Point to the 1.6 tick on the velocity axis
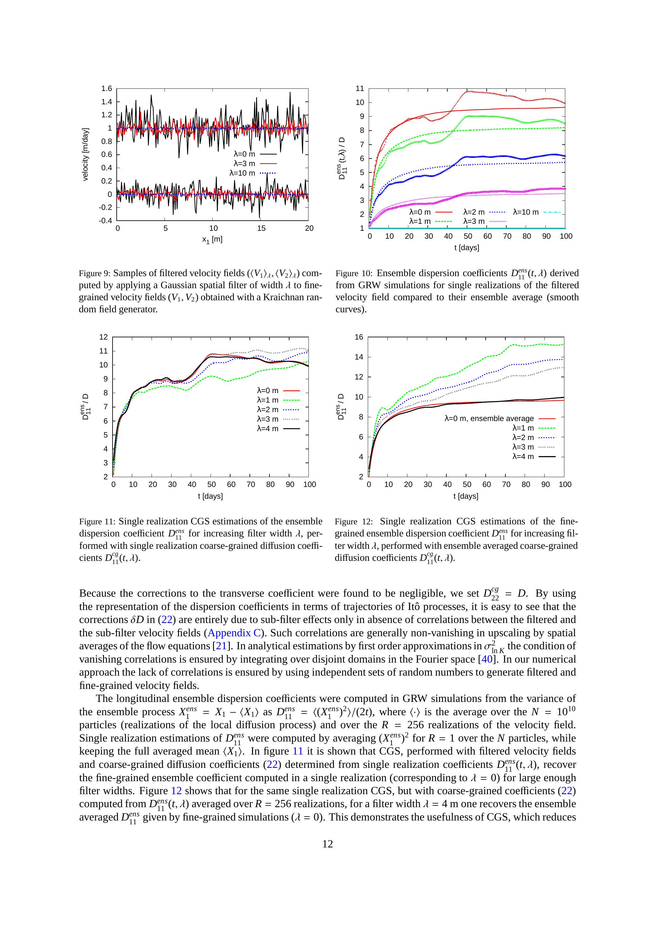(x=107, y=88)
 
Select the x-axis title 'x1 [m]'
(x=212, y=239)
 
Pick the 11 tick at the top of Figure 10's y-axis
(x=360, y=88)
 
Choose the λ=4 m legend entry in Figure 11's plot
(x=268, y=428)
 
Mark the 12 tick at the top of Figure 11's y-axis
(x=103, y=337)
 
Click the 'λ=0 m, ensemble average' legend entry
(x=489, y=418)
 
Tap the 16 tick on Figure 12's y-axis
(x=359, y=337)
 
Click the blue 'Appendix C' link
(x=234, y=633)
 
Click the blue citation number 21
(x=221, y=646)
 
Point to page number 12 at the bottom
(x=327, y=844)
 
